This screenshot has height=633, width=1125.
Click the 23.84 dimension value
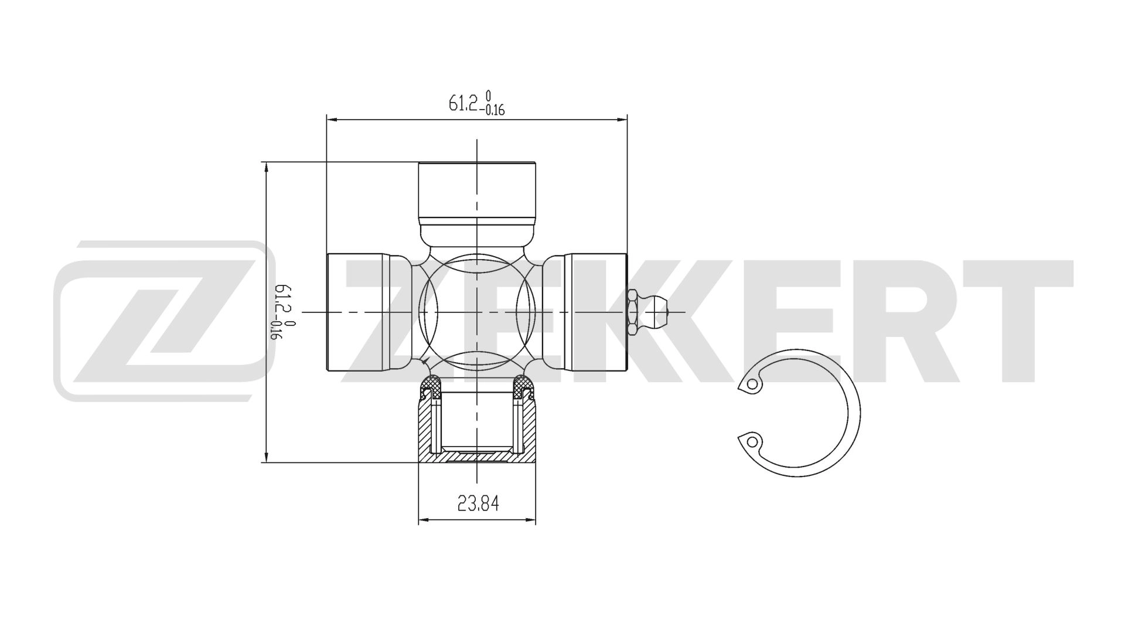point(478,503)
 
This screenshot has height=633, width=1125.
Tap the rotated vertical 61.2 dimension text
point(284,312)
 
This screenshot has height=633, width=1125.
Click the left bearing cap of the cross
point(357,312)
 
